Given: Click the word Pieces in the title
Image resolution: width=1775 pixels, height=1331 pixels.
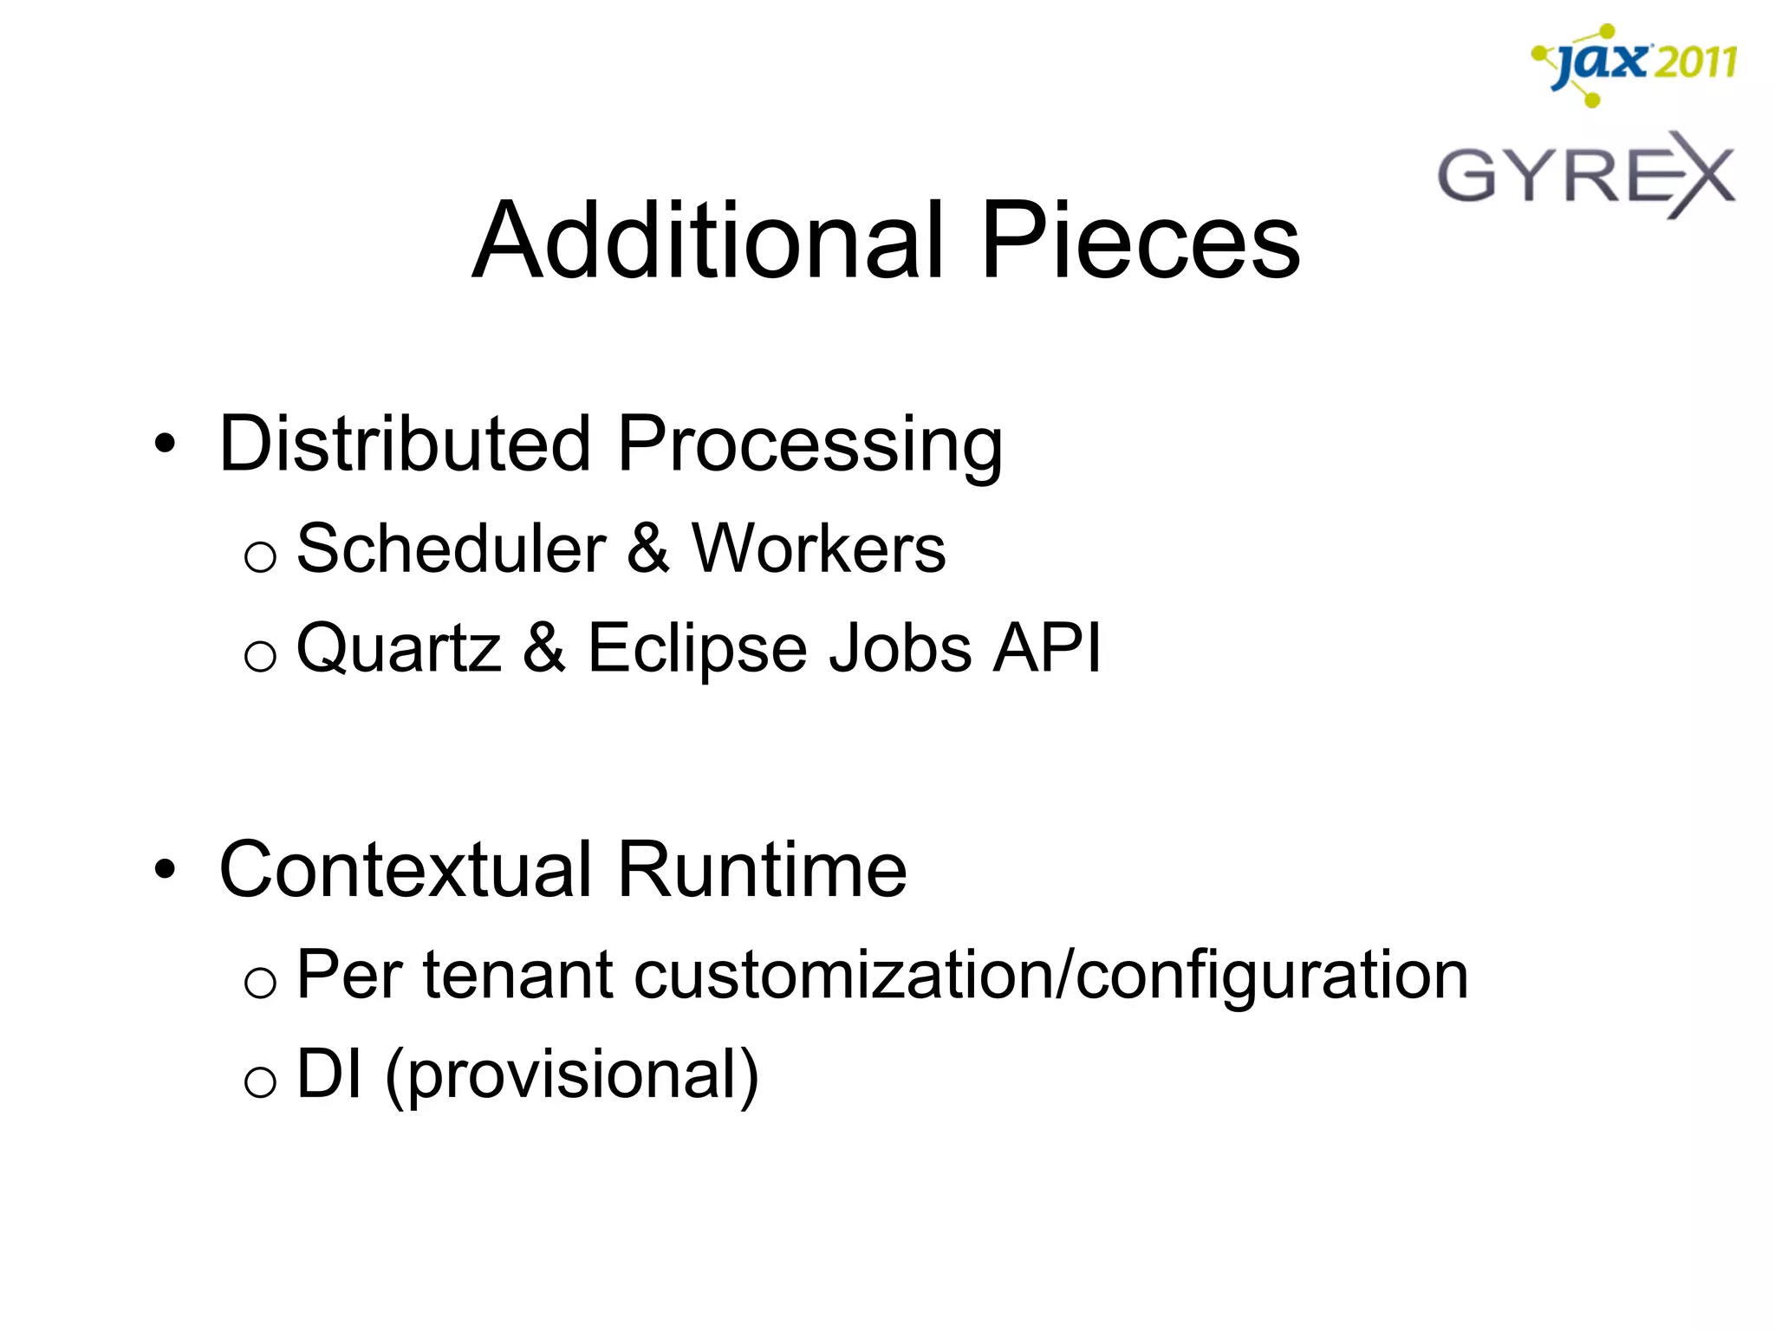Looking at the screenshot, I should click(x=1140, y=240).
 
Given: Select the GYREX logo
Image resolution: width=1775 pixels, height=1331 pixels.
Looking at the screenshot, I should click(x=1586, y=175).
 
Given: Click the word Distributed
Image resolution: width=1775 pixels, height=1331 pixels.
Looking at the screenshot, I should click(x=406, y=444).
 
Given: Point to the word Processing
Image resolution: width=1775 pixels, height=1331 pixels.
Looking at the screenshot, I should click(x=809, y=445).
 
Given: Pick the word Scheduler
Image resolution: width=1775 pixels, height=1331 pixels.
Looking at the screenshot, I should click(x=451, y=549).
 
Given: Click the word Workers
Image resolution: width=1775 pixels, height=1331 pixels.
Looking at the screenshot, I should click(x=818, y=549).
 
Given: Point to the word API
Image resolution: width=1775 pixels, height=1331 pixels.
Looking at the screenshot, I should click(x=1047, y=647).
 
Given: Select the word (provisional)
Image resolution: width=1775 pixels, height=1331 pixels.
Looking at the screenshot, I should click(x=572, y=1075).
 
